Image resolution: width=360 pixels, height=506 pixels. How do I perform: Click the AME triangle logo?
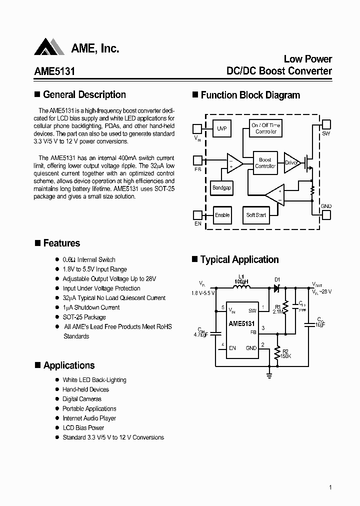(49, 47)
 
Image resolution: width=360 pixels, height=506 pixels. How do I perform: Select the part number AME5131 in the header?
(54, 71)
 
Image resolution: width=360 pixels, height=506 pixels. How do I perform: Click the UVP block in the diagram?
(222, 129)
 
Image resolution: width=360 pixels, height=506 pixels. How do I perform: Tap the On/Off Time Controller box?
(266, 128)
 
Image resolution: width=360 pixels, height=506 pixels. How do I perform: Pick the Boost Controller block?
(265, 163)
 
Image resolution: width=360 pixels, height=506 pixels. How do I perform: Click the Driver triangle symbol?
(291, 162)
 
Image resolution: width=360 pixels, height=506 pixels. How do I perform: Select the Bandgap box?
(221, 188)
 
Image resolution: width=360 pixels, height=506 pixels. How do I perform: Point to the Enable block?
(222, 215)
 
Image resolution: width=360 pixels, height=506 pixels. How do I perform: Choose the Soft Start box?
(256, 215)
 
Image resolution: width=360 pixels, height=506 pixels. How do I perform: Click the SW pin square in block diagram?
(326, 124)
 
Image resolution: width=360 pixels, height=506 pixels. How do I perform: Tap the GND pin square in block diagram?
(326, 214)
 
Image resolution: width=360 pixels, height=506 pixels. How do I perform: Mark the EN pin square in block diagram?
(197, 215)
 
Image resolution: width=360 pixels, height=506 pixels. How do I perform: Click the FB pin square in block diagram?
(197, 160)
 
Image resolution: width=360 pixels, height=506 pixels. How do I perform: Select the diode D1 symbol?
(275, 288)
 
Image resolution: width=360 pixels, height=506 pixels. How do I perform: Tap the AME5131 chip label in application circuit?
(242, 323)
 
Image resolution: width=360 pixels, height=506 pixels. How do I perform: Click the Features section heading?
(61, 243)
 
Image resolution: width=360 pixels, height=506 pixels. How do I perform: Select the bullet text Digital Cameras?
(82, 399)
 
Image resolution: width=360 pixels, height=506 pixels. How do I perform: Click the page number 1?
(330, 487)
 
